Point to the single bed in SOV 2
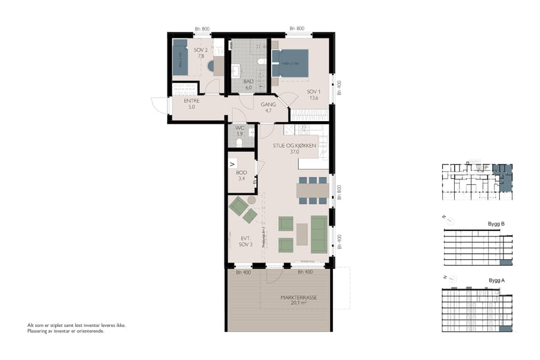(181, 58)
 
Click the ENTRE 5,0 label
(191, 104)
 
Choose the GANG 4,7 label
(268, 107)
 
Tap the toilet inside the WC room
(239, 142)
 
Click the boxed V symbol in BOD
(233, 163)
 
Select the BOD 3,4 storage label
(241, 175)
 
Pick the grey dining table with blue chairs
(312, 190)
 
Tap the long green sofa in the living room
(319, 233)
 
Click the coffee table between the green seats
(302, 233)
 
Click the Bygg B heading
(497, 224)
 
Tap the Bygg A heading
(497, 280)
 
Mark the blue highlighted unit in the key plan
(504, 178)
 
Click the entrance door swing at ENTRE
(159, 106)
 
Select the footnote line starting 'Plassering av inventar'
(66, 331)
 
